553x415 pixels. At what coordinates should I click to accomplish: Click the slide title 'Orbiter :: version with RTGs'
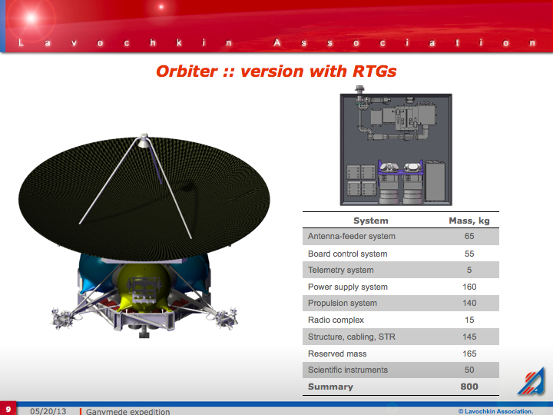coord(276,71)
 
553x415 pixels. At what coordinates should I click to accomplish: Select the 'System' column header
coord(371,221)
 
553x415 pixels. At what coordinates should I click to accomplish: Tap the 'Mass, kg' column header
coord(469,221)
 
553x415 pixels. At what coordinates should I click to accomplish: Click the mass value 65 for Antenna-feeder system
coord(469,236)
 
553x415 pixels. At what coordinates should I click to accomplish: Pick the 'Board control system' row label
coord(347,254)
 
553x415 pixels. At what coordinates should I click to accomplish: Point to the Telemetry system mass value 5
coord(469,270)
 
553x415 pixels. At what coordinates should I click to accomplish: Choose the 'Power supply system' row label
coord(348,287)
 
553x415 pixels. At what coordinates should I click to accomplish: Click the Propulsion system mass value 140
coord(469,303)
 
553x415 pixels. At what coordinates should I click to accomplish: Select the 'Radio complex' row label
coord(336,320)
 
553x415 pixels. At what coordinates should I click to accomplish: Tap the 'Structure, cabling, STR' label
coord(352,337)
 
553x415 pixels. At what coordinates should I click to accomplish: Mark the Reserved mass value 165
coord(469,354)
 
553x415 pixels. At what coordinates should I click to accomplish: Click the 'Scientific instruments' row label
coord(348,370)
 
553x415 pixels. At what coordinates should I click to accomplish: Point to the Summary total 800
coord(469,387)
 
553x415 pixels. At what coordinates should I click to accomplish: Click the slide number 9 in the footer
coord(8,409)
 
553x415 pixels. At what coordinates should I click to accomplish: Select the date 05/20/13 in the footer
coord(48,411)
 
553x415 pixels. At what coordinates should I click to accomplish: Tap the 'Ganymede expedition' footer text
coord(127,411)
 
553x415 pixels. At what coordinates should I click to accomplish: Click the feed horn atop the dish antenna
coord(144,141)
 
